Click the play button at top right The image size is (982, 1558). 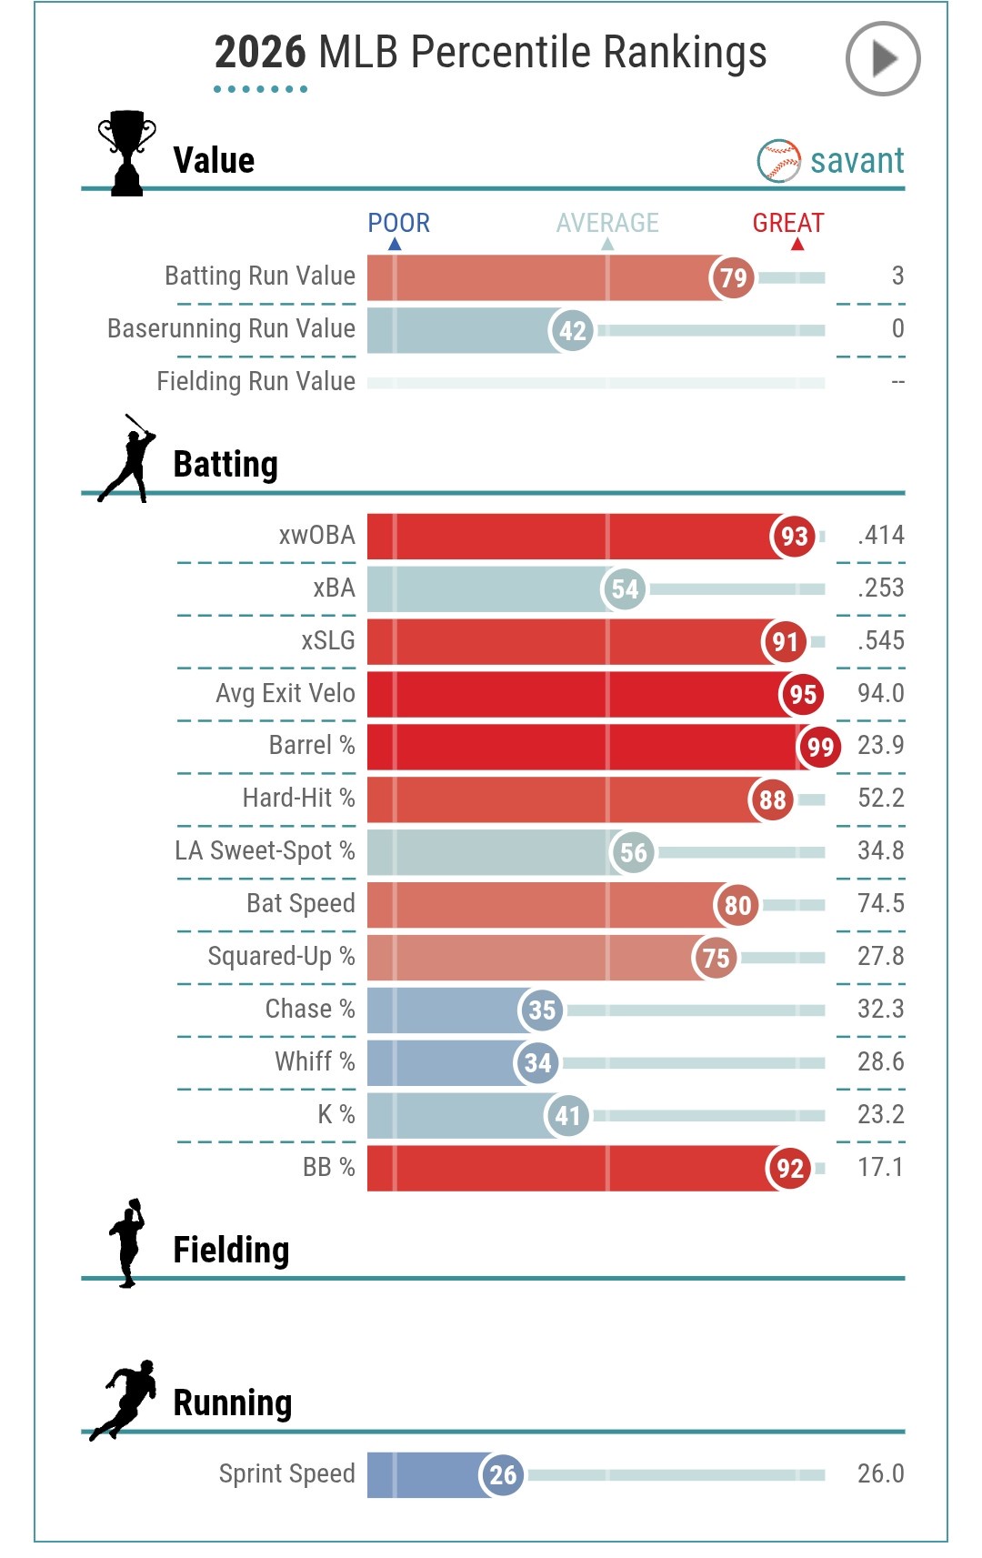point(883,59)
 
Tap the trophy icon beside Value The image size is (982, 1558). point(126,152)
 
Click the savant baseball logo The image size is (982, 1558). point(778,161)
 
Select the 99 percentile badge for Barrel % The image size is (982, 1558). point(819,747)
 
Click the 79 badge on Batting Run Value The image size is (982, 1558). point(732,277)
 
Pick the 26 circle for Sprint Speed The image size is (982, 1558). point(502,1474)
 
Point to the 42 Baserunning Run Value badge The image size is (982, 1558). point(572,330)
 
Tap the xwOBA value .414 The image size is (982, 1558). point(880,535)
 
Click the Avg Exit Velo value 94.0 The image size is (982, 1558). point(880,693)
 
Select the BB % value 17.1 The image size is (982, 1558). point(880,1167)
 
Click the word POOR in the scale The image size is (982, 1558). point(398,223)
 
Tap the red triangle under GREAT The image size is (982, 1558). point(797,244)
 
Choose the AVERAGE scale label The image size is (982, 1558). point(607,223)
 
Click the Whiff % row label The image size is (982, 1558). point(315,1061)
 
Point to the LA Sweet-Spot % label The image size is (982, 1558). point(265,850)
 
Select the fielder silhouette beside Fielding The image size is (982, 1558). point(128,1242)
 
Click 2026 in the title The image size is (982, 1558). point(260,53)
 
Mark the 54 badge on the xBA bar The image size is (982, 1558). point(624,589)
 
